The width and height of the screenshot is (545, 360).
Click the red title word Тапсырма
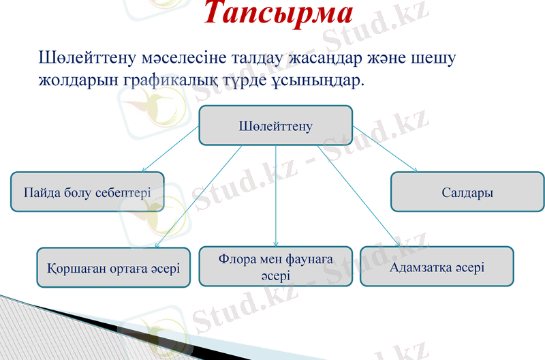(279, 14)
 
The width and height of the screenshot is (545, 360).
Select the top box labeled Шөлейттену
(275, 125)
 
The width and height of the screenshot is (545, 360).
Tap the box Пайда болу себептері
(87, 192)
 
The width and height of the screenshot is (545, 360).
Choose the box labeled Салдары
(467, 192)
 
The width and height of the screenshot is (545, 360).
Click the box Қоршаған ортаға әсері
(113, 267)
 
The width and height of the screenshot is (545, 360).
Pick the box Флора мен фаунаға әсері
(275, 267)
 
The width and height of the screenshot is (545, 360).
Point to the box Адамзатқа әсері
(436, 267)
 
